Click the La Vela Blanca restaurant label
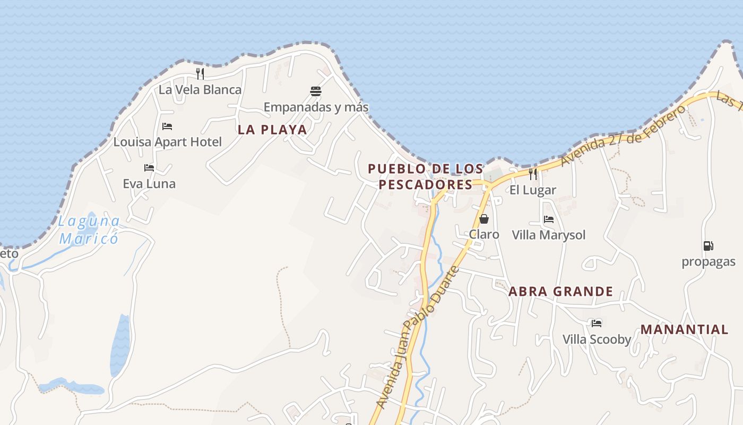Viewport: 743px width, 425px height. tap(200, 90)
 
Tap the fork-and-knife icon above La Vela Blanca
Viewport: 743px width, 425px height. tap(200, 73)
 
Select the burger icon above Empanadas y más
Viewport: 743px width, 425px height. tap(316, 91)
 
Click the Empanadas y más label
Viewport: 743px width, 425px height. tap(316, 107)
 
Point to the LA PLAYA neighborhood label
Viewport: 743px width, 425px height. tap(272, 130)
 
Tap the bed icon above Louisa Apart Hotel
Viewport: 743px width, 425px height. tap(167, 126)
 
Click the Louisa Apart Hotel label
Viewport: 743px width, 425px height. tap(168, 142)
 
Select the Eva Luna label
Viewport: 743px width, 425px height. tap(149, 184)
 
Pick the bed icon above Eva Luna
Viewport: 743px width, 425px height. tap(149, 168)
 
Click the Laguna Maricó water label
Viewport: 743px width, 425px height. tap(89, 229)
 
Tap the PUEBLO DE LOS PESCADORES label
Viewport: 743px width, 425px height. tap(426, 176)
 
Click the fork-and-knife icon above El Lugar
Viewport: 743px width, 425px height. tap(533, 174)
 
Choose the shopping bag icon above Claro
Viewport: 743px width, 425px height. tap(484, 218)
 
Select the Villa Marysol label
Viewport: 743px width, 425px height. tap(549, 235)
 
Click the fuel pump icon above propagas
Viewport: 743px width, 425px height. tap(708, 246)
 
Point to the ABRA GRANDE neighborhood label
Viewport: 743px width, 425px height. tap(560, 292)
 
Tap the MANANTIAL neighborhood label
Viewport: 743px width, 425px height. tap(684, 329)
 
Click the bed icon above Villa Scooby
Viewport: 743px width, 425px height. tap(597, 323)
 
